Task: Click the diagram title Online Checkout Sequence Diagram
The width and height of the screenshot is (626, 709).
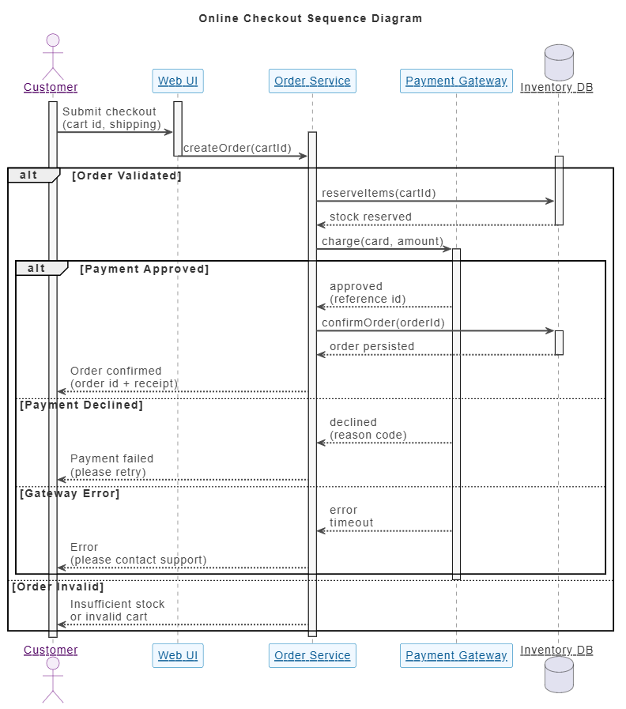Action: pos(311,18)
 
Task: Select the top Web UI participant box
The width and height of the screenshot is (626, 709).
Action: pos(178,81)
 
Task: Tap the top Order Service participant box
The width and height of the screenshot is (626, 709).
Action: pos(312,81)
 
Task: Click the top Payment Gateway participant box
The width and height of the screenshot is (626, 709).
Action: pos(456,81)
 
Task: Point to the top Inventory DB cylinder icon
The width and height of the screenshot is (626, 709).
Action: pos(559,62)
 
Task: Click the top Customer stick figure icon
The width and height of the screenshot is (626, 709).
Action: pos(53,57)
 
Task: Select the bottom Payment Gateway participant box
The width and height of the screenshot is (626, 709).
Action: pos(456,655)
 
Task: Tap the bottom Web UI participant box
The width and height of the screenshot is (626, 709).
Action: pos(178,655)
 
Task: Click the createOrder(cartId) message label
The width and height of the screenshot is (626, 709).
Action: pos(237,149)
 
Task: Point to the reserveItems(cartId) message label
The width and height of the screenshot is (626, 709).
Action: pos(379,194)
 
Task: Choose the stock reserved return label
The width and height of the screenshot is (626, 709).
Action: pos(371,217)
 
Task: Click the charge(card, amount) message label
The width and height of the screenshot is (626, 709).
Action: pos(383,241)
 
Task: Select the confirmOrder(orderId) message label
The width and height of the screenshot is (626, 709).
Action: pos(383,322)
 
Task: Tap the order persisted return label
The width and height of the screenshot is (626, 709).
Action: pos(371,347)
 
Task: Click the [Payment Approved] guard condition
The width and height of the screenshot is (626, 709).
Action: pos(145,270)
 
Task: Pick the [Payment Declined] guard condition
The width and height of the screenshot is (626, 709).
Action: pos(81,405)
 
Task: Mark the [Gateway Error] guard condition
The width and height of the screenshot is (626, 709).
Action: pos(70,494)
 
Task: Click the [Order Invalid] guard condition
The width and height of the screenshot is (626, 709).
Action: pos(58,587)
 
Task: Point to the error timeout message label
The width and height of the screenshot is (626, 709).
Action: pos(352,516)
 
